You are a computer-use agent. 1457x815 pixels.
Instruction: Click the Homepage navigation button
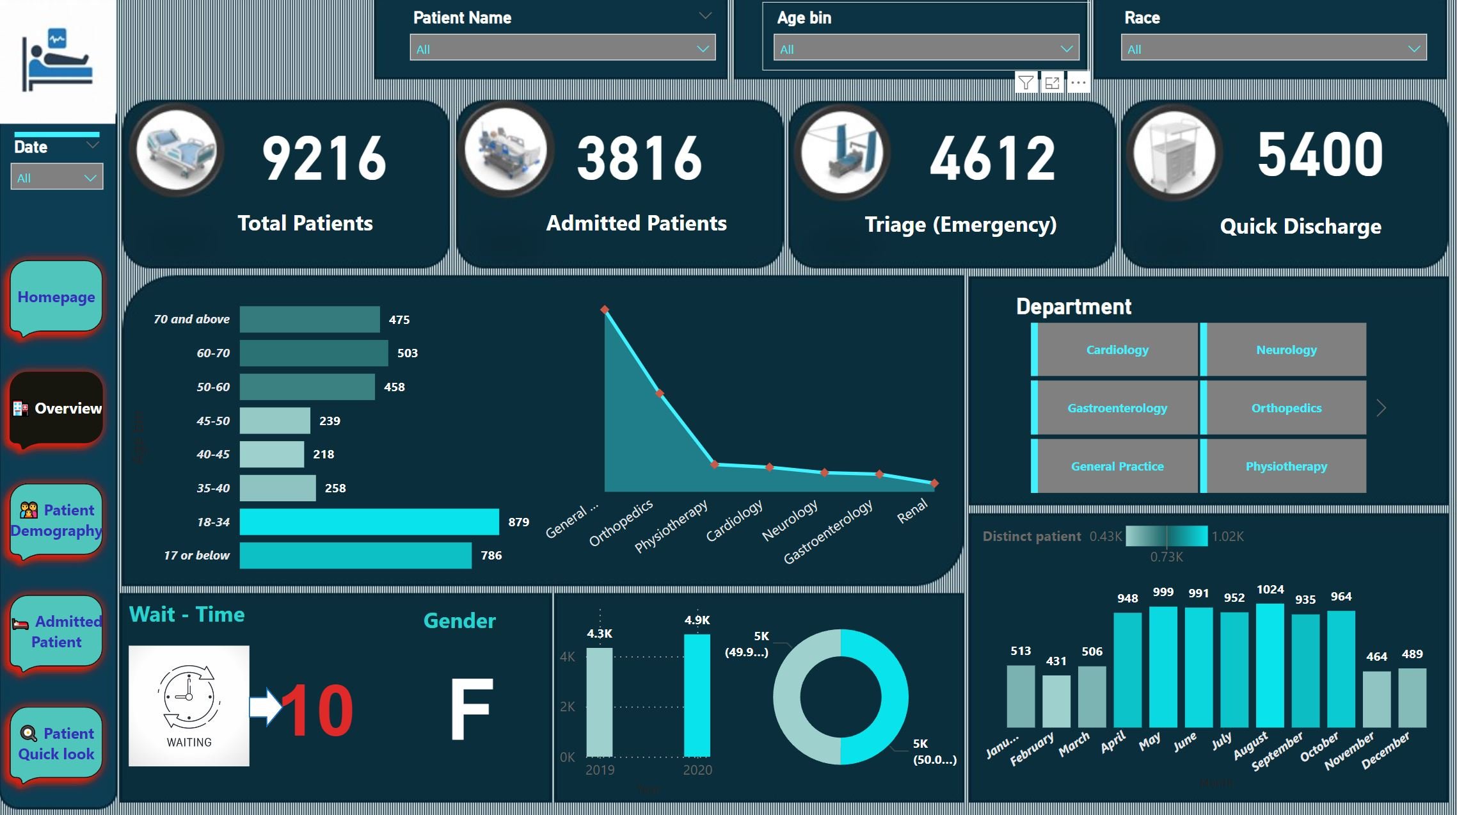(x=56, y=297)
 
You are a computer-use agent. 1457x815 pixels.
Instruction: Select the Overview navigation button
(x=56, y=408)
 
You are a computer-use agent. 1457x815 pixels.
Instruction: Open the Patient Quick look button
(x=56, y=743)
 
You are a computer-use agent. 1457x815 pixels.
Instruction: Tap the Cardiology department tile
(x=1117, y=350)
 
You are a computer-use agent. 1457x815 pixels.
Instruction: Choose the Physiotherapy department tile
(x=1286, y=466)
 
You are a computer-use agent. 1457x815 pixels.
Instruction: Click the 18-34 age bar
(x=369, y=522)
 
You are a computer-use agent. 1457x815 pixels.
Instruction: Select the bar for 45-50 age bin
(x=275, y=421)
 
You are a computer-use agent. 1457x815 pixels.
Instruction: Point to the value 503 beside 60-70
(x=407, y=353)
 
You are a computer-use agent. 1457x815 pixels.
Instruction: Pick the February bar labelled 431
(x=1056, y=701)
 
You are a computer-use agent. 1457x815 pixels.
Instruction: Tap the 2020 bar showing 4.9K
(x=697, y=695)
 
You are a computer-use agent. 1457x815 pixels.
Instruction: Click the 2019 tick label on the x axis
(x=600, y=770)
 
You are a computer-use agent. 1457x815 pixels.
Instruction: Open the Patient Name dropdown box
(x=562, y=49)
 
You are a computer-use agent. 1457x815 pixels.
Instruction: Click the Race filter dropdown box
(x=1273, y=49)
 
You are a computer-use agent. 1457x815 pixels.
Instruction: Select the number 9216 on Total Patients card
(x=324, y=158)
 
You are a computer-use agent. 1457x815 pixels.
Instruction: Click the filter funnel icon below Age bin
(x=1026, y=83)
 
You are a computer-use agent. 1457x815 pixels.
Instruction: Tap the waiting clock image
(x=189, y=705)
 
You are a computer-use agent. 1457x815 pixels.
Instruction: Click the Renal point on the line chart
(x=935, y=483)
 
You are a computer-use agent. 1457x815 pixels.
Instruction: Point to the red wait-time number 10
(x=317, y=710)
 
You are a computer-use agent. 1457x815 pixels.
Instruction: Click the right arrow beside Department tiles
(x=1381, y=408)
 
